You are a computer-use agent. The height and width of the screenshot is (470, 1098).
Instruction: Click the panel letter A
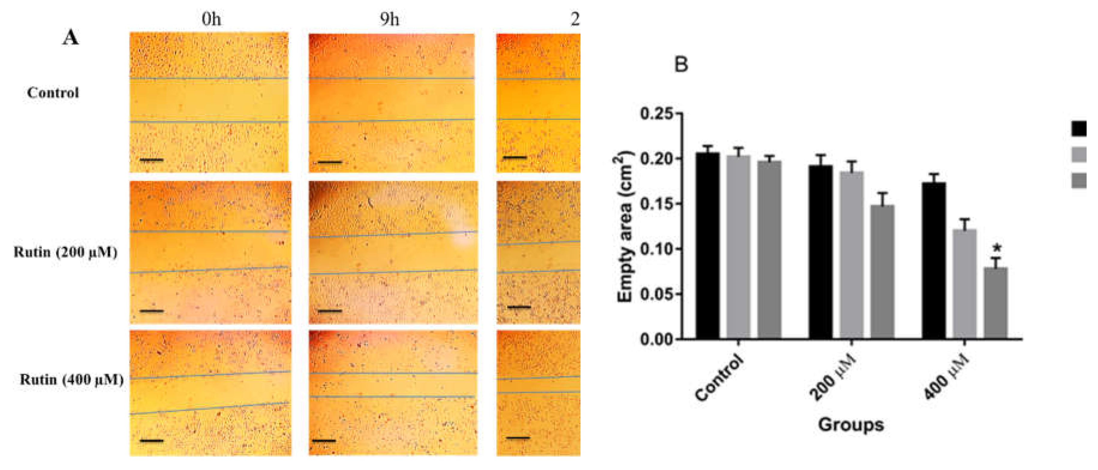pos(71,38)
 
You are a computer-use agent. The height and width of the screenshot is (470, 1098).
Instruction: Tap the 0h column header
pos(211,19)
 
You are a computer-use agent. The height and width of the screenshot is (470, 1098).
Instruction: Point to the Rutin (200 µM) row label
pos(65,252)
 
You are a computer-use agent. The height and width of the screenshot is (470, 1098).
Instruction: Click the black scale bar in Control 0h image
pos(151,160)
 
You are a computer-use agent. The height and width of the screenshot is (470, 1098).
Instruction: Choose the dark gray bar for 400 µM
pos(995,303)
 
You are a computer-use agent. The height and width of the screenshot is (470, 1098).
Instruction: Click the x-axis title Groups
pos(851,425)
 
